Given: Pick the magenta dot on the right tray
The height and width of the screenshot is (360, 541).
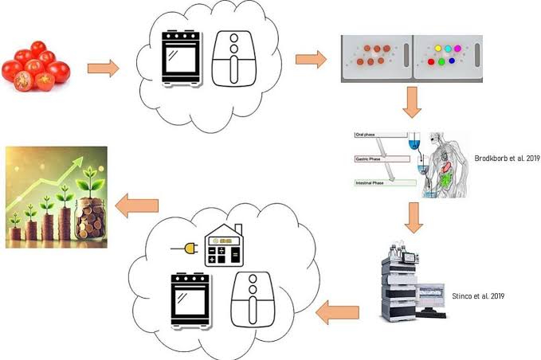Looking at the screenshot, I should point(461,49).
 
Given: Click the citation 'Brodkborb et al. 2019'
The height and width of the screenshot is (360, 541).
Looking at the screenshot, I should point(507,158).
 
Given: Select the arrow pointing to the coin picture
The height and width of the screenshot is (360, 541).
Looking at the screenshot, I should point(136,206).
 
